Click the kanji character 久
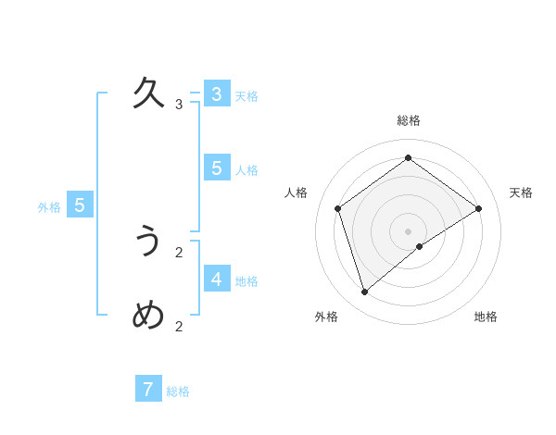[149, 93]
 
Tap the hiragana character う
[149, 242]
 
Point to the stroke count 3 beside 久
[179, 105]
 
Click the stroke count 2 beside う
[179, 252]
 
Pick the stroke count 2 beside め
[179, 326]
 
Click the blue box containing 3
[216, 93]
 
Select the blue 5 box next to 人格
[216, 168]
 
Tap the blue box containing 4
[216, 279]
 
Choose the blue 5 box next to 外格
[80, 205]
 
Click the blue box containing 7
[148, 389]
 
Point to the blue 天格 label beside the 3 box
[246, 96]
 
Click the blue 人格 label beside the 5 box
[246, 170]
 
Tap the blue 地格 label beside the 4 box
[246, 281]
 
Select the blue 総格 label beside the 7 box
[178, 391]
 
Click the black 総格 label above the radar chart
[409, 121]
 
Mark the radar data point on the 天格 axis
[479, 208]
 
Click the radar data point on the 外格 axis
[365, 292]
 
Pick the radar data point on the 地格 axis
[420, 246]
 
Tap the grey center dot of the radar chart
[409, 230]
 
